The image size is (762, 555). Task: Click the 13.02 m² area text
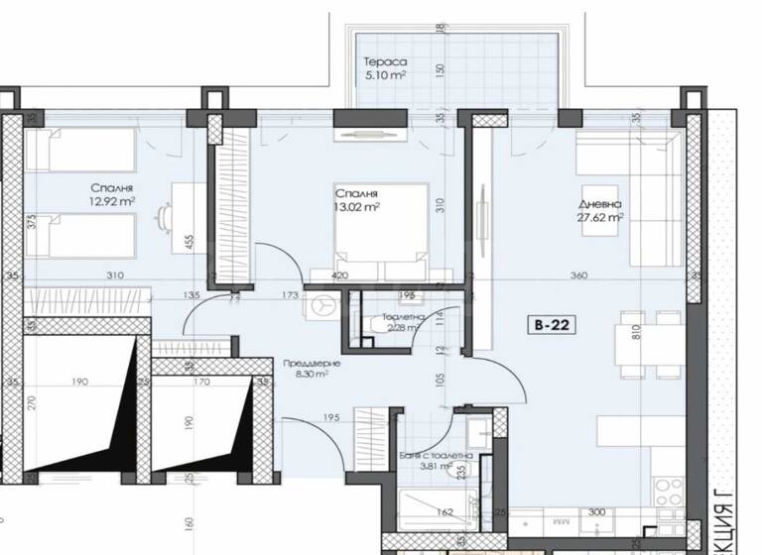pos(358,207)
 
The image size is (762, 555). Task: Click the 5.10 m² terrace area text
pos(382,75)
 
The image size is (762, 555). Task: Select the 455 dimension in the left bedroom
pos(188,238)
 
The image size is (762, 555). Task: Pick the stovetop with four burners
pos(669,487)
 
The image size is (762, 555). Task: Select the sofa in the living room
pos(655,203)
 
